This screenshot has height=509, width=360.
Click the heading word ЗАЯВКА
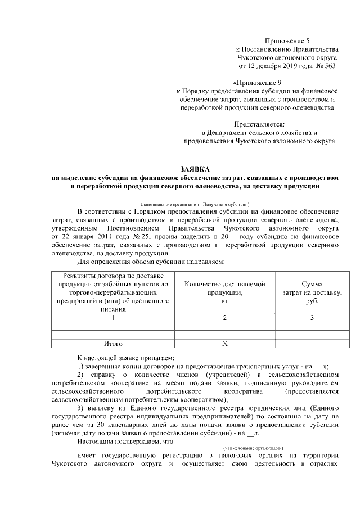(195, 169)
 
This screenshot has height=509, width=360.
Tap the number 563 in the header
(329, 66)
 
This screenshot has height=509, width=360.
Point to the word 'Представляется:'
(259, 124)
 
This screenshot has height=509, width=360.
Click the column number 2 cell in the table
(225, 318)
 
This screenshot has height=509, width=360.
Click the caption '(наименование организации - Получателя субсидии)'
(195, 204)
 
